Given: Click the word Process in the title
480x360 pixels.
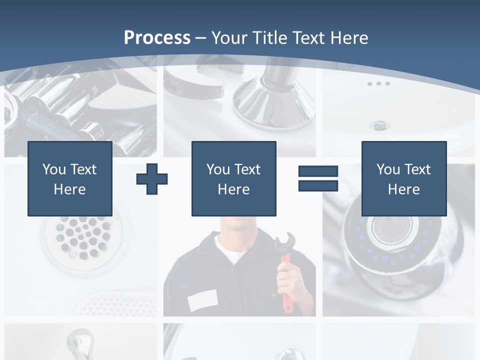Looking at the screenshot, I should click(157, 38).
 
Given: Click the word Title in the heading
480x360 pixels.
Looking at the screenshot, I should click(269, 38).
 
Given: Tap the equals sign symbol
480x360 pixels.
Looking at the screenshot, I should click(318, 178).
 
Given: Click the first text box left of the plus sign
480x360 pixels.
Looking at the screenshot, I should click(70, 178).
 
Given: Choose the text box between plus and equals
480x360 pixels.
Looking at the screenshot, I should click(233, 178).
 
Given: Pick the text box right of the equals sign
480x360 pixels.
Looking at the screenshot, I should click(403, 178).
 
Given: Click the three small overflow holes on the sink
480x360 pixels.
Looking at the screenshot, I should click(378, 84).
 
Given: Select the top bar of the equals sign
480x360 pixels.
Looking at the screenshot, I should click(318, 171).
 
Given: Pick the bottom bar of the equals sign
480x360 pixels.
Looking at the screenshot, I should click(318, 185).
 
